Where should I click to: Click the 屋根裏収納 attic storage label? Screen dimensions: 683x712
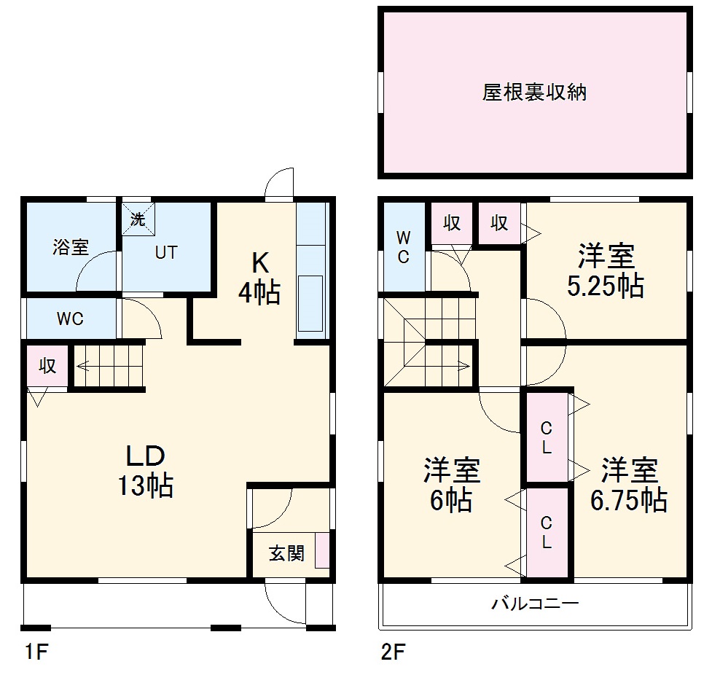(x=534, y=93)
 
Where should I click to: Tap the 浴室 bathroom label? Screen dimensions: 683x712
(x=70, y=247)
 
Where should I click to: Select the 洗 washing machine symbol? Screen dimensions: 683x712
(x=138, y=219)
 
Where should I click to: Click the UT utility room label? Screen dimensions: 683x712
(x=165, y=253)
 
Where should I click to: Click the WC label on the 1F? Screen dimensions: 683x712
(x=70, y=319)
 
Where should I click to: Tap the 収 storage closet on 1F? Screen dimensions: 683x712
(x=47, y=366)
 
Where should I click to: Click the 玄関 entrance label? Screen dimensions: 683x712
(x=286, y=553)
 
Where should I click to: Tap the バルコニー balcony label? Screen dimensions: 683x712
(x=534, y=604)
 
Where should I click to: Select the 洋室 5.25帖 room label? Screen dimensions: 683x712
(x=606, y=271)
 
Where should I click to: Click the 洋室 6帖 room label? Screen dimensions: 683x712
(x=452, y=485)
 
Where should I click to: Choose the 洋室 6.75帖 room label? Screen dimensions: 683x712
(x=629, y=484)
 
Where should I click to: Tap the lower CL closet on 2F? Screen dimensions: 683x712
(x=546, y=533)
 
